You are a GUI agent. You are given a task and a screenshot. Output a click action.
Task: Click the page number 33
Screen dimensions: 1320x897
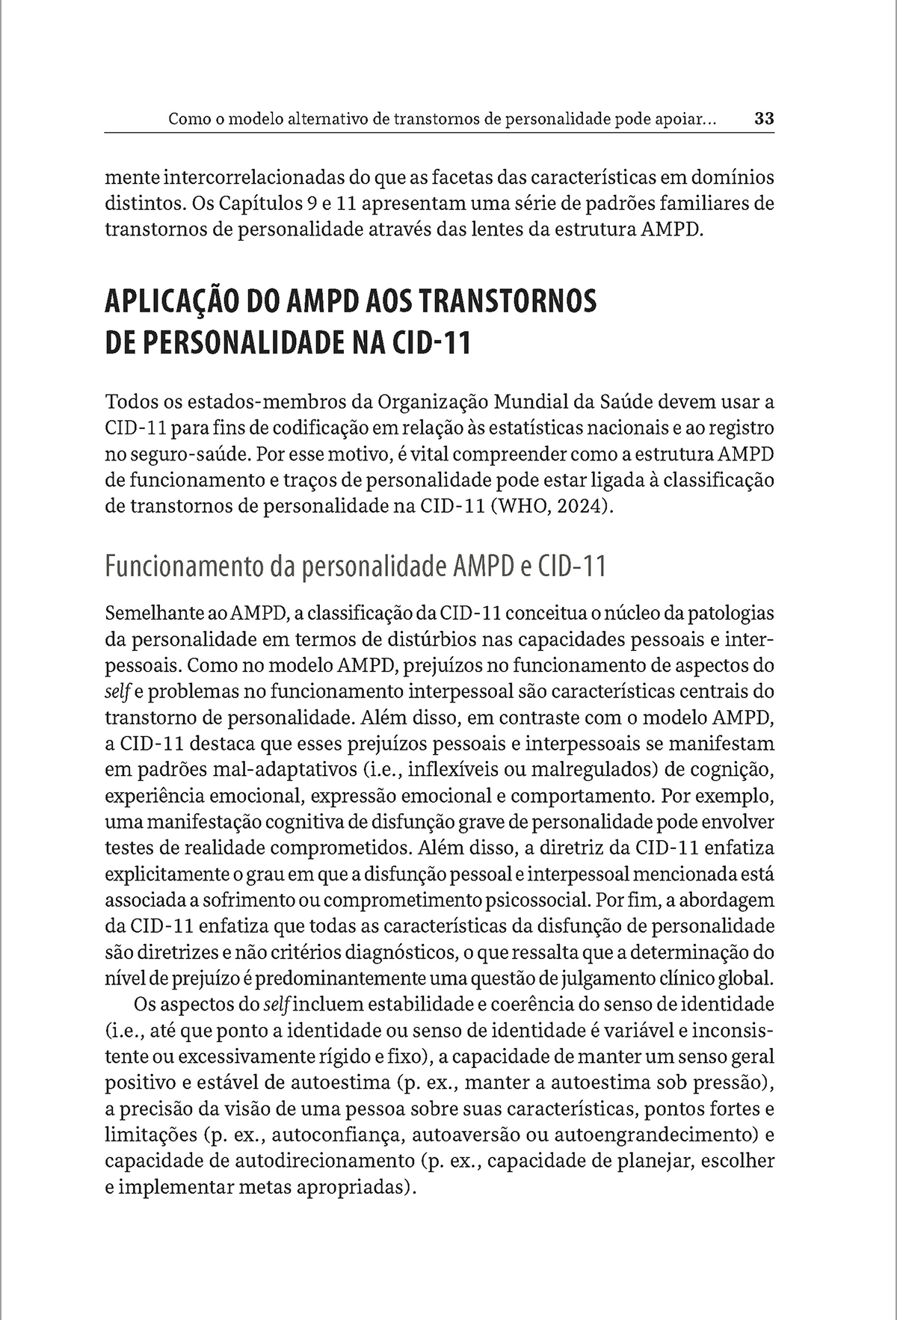point(764,119)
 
